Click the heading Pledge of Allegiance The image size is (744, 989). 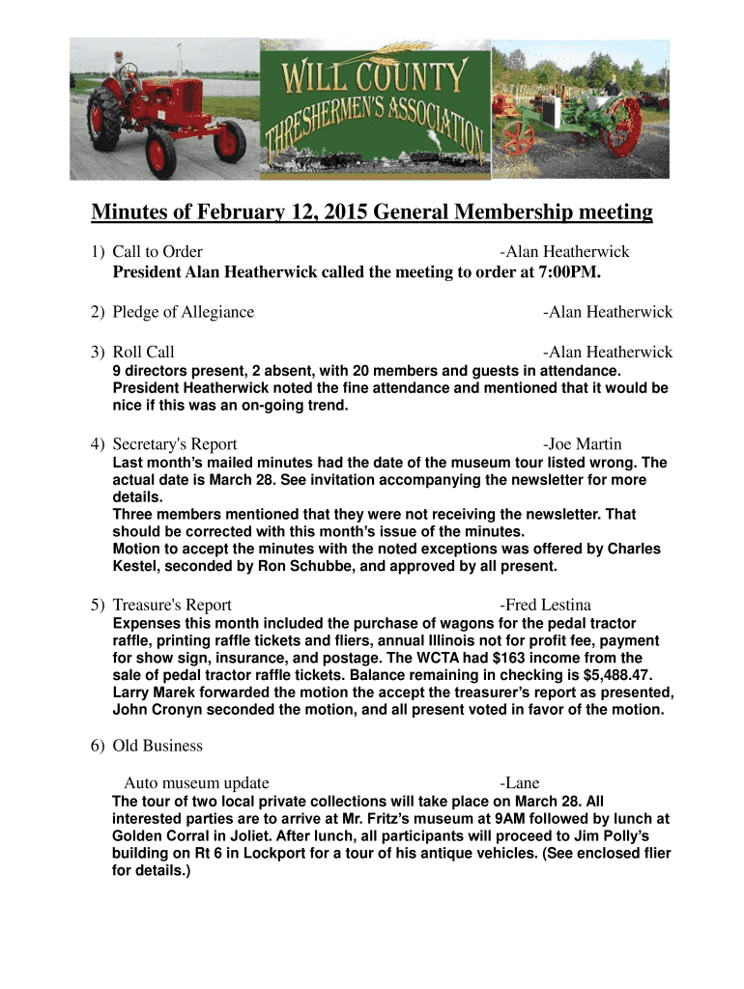point(184,312)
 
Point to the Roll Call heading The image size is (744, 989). point(144,353)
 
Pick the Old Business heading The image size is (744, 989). point(157,746)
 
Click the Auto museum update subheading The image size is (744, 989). point(197,783)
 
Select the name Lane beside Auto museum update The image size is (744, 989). point(522,783)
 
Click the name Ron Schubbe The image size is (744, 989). point(294,566)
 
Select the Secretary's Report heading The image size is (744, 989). point(175,444)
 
